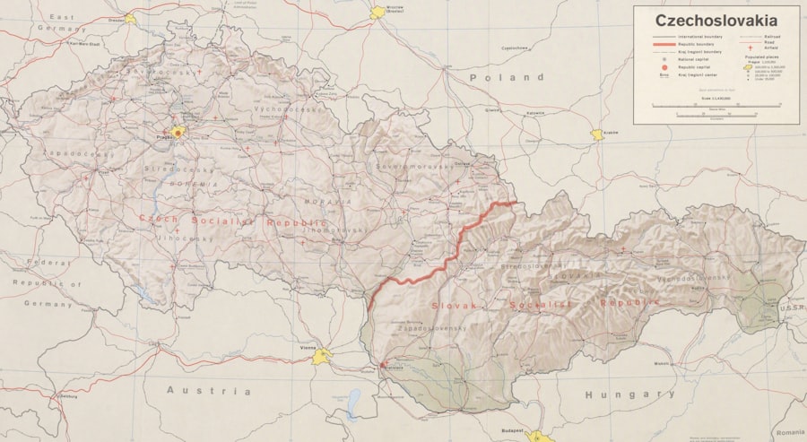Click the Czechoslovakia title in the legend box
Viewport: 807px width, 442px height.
716,20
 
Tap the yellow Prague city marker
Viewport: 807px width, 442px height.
178,132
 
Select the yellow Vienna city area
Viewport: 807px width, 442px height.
322,358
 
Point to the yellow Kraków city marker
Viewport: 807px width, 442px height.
596,135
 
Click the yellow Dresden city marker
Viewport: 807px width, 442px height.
131,17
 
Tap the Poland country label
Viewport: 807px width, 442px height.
491,77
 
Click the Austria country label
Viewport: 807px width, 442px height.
209,391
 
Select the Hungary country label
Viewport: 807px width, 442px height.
629,394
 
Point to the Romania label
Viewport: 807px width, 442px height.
790,432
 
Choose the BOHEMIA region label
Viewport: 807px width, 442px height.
191,184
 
